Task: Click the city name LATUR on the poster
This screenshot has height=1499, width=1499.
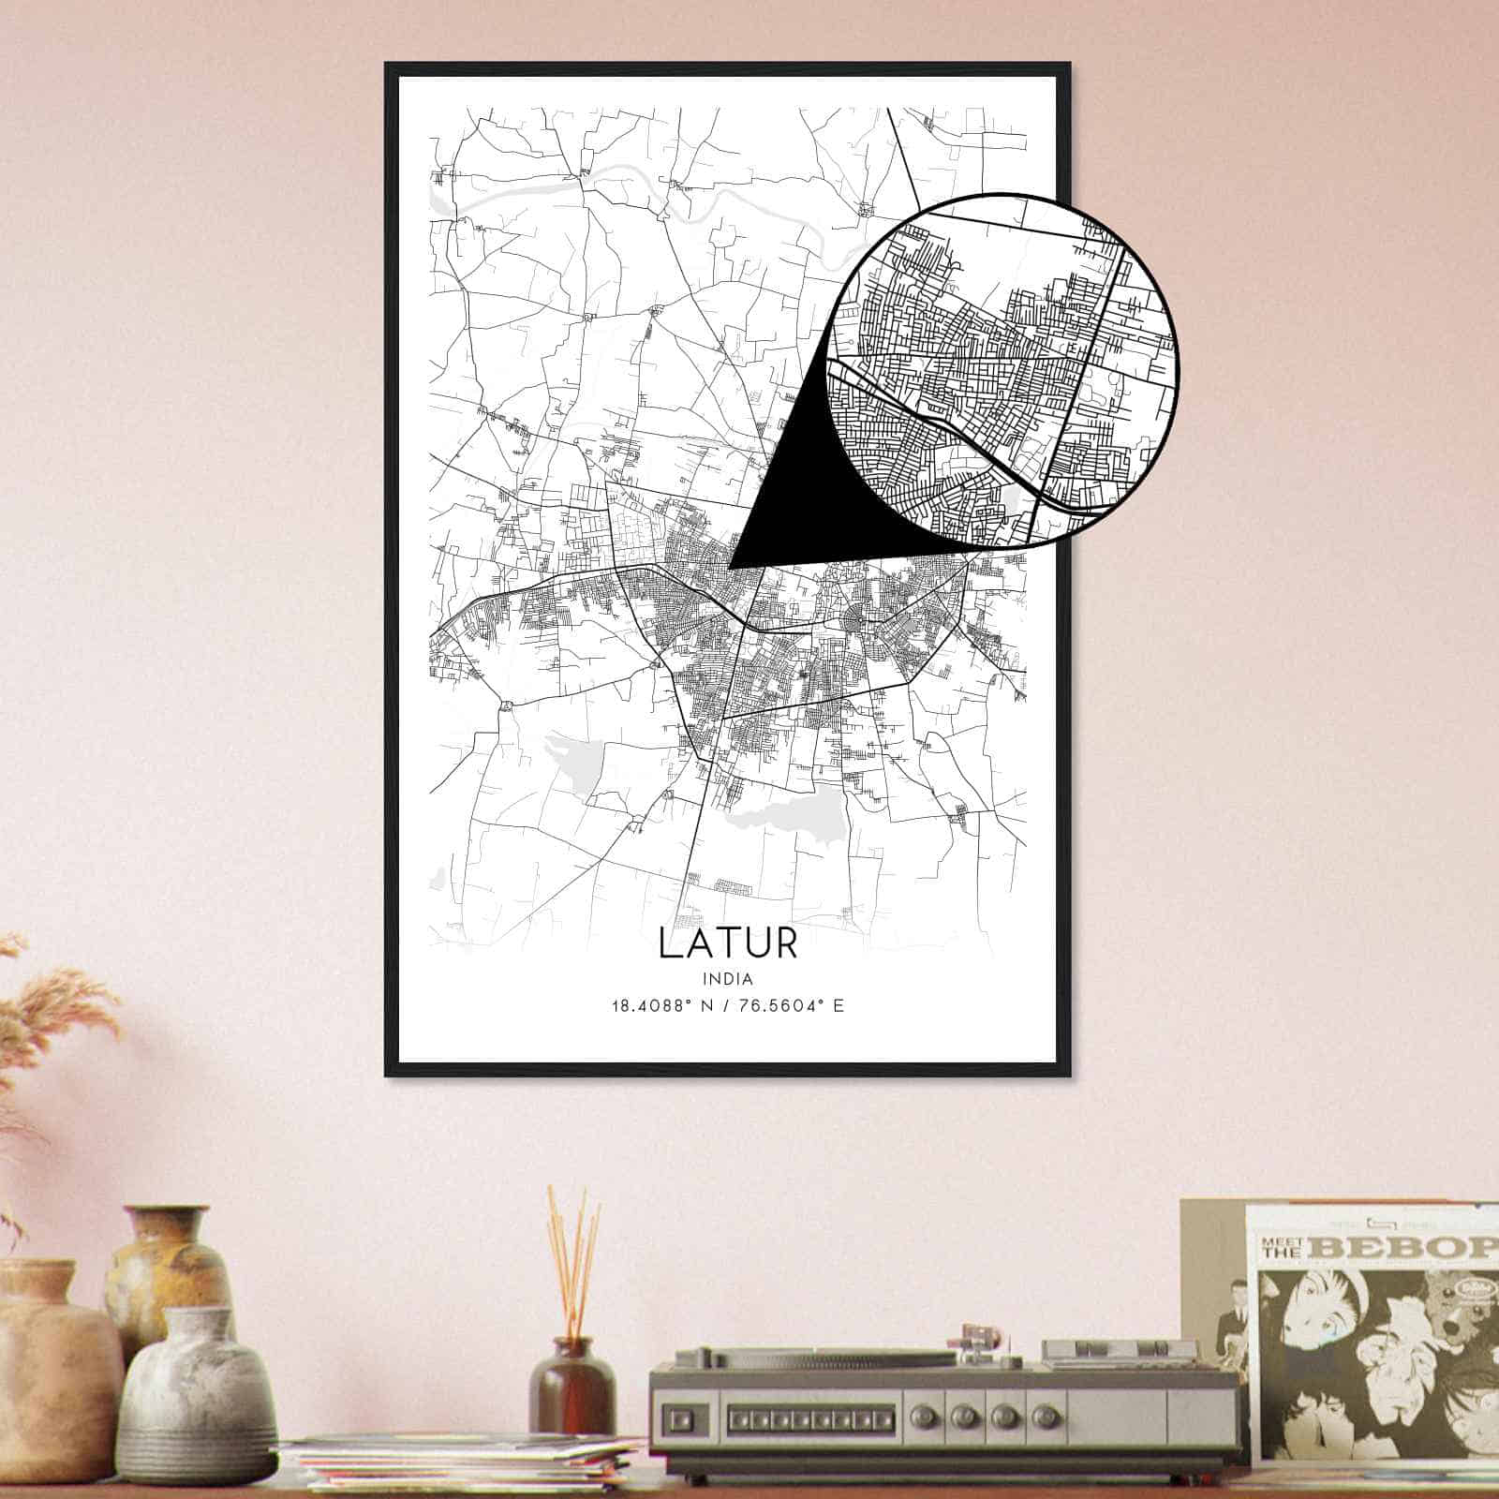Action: tap(728, 942)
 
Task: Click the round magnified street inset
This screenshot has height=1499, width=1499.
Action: tap(1002, 370)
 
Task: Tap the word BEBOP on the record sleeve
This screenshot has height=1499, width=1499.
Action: tap(1422, 1248)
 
